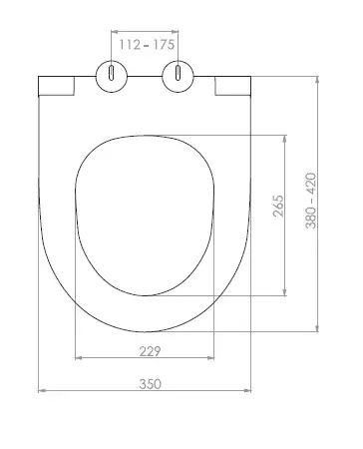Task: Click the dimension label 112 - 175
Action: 147,45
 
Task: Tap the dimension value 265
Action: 278,207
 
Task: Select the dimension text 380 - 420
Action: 311,201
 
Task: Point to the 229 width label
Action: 150,351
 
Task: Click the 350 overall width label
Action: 151,384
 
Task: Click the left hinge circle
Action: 112,76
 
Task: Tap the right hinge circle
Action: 179,76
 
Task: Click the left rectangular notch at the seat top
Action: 56,86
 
